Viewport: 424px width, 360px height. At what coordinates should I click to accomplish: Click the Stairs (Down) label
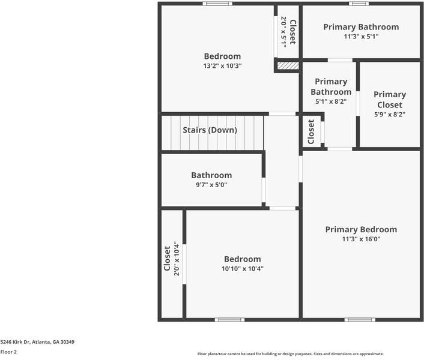tap(210, 130)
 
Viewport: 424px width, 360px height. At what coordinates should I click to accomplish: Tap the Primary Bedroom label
tap(361, 229)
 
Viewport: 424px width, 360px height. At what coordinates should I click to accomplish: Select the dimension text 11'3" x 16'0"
tap(361, 239)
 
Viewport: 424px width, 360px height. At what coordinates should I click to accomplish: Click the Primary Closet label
tap(389, 100)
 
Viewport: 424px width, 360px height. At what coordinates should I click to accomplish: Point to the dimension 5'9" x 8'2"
tap(389, 115)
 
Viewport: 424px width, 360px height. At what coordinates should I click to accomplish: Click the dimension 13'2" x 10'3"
tap(222, 66)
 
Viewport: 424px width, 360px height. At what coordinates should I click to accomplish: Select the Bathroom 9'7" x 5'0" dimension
tap(211, 185)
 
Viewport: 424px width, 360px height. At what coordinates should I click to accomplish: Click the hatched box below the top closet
tap(288, 65)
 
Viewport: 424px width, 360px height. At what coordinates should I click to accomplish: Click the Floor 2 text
tap(8, 352)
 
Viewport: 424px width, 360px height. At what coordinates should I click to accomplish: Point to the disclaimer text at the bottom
tap(290, 354)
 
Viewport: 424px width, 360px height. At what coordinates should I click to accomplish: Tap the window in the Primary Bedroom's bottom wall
tap(360, 320)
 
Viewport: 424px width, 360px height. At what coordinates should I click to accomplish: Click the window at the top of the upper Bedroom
tap(217, 4)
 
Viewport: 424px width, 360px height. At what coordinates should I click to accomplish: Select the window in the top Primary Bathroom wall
tap(359, 4)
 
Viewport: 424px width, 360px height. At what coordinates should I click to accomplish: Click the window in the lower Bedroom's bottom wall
tap(229, 320)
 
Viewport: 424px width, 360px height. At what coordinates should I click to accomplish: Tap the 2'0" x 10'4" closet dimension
tap(176, 259)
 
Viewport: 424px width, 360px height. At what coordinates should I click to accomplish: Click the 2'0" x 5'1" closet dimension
tap(283, 31)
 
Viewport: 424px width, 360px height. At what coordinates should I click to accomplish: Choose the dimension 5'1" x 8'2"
tap(330, 102)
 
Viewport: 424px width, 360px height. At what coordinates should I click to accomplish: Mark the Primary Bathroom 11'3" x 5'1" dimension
tap(361, 37)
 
